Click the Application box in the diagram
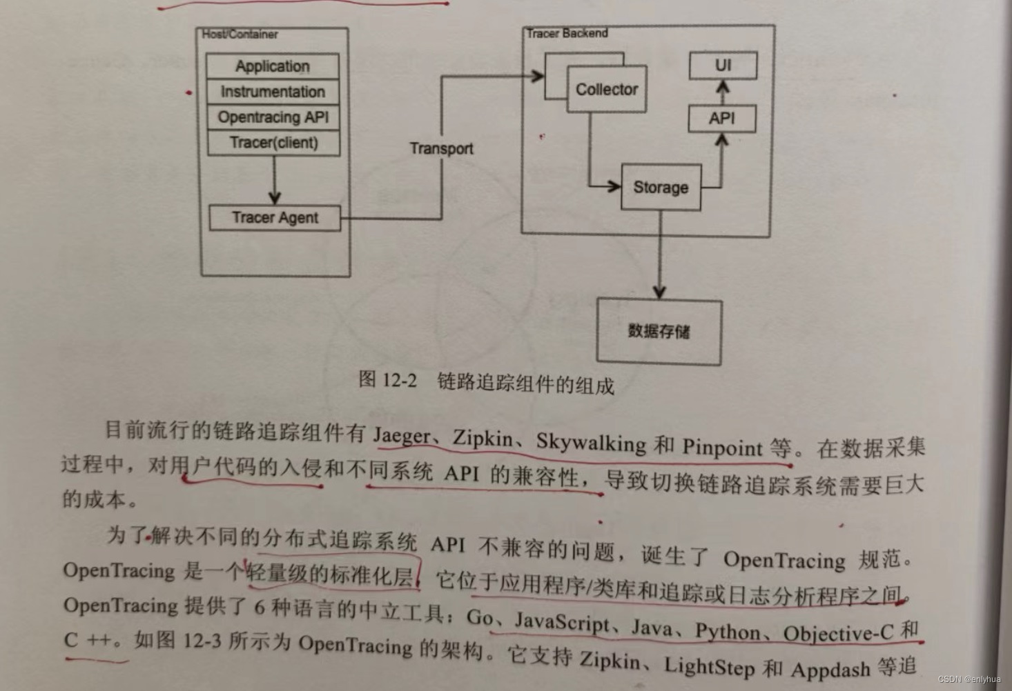coord(273,66)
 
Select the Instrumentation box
coord(273,92)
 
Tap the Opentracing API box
coord(273,117)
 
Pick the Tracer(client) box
coord(273,143)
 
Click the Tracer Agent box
coord(275,218)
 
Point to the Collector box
coord(607,89)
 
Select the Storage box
coord(661,187)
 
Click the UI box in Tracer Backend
coord(723,66)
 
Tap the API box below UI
coord(722,119)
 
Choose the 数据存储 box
coord(659,331)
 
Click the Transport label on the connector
coord(441,148)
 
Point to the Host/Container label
coord(240,34)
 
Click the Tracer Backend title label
coord(567,33)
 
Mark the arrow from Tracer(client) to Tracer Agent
coord(274,180)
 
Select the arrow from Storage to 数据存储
coord(660,255)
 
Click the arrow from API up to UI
coord(723,92)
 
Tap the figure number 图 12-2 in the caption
coord(387,379)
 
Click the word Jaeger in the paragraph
coord(402,436)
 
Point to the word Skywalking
coord(591,442)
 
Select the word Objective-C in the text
coord(838,632)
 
